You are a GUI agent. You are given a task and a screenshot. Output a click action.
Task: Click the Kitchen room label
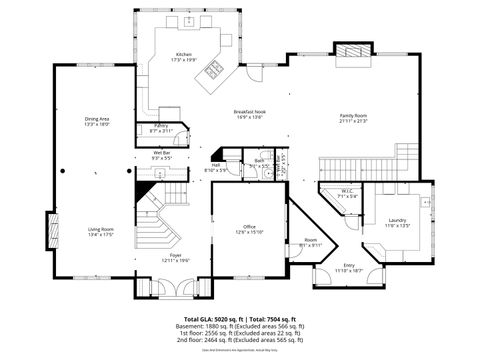184,54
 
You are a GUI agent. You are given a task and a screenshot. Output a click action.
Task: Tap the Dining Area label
97,119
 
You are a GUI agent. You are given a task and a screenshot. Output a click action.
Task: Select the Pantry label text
161,125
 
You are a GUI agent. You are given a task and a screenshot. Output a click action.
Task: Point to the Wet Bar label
162,153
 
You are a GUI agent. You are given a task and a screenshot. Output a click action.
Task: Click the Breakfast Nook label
248,111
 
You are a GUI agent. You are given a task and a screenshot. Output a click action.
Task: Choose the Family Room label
354,116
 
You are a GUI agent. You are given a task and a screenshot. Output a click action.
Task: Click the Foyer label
176,255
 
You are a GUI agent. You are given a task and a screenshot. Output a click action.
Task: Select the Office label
250,227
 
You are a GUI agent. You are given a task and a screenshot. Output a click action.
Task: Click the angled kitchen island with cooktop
213,69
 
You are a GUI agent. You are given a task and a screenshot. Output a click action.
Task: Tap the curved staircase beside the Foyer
160,215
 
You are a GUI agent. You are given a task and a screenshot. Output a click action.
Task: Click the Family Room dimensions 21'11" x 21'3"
354,122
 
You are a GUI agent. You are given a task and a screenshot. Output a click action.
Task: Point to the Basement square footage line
239,327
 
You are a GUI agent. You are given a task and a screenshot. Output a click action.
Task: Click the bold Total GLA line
239,319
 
